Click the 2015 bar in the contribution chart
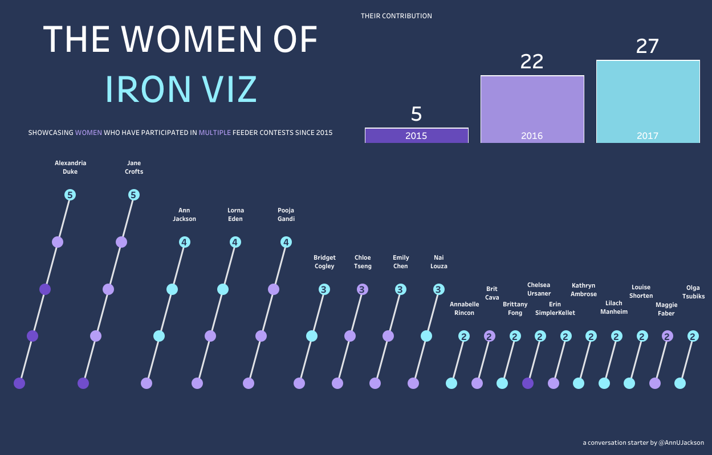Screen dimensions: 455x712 [416, 136]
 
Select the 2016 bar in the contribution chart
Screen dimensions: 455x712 [532, 109]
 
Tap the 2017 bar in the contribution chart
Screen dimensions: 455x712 [648, 101]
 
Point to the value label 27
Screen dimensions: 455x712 [648, 47]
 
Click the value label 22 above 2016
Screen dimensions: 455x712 [532, 62]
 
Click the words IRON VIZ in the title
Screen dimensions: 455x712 [181, 89]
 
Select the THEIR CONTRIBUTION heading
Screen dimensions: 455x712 [396, 16]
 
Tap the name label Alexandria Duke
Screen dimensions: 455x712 [70, 167]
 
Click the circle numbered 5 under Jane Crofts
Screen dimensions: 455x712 [133, 195]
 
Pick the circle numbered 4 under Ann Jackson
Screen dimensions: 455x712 [184, 242]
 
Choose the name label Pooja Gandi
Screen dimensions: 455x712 [286, 215]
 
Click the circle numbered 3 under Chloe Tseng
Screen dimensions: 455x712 [362, 289]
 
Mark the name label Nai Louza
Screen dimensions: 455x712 [438, 262]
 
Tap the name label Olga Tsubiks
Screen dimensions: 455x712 [693, 292]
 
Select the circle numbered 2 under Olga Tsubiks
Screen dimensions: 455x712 [693, 337]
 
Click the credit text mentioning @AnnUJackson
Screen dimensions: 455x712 [643, 442]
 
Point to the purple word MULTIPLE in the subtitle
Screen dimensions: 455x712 [215, 133]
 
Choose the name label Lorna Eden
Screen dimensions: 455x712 [235, 215]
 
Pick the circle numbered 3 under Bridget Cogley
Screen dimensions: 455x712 [324, 289]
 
